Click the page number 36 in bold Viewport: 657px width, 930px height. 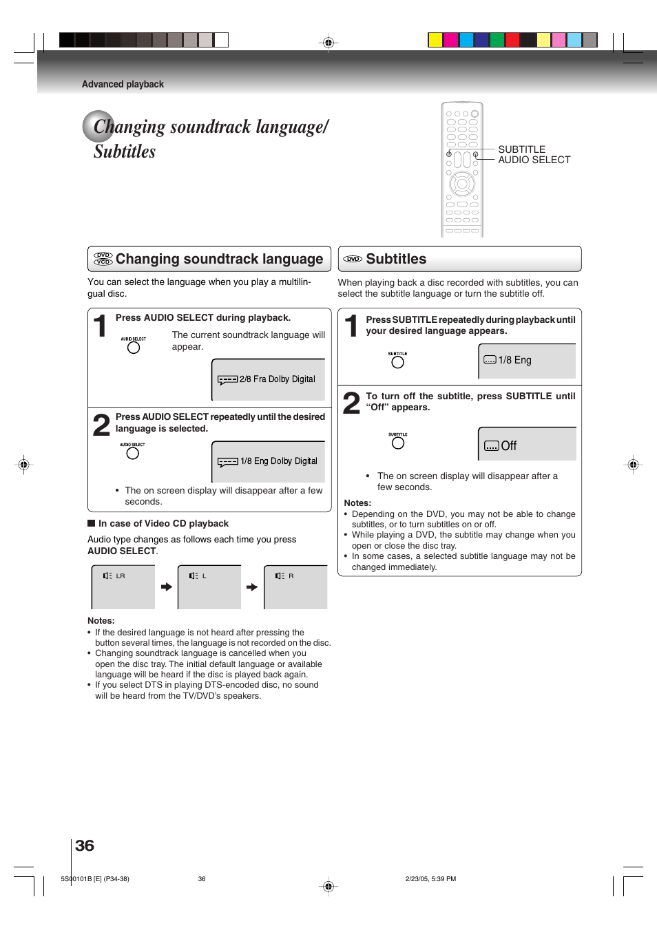pyautogui.click(x=84, y=845)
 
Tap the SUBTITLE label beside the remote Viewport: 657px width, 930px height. pyautogui.click(x=521, y=149)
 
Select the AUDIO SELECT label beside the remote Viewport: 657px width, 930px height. pyautogui.click(x=534, y=160)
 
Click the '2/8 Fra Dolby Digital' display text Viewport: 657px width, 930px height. pyautogui.click(x=277, y=379)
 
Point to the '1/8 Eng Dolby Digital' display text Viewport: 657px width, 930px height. pyautogui.click(x=278, y=461)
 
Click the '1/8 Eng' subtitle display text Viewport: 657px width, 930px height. pyautogui.click(x=514, y=360)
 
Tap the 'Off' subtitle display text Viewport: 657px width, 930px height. pyautogui.click(x=508, y=446)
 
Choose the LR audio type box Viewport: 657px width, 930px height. pyautogui.click(x=123, y=587)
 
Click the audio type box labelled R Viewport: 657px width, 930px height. pyautogui.click(x=295, y=587)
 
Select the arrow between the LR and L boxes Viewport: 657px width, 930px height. pyautogui.click(x=167, y=587)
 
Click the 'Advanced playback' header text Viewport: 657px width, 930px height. pyautogui.click(x=123, y=84)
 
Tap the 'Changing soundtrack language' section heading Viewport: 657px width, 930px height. pyautogui.click(x=219, y=259)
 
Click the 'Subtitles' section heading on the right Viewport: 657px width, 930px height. pyautogui.click(x=396, y=259)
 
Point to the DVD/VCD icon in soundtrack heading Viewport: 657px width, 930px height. pyautogui.click(x=103, y=259)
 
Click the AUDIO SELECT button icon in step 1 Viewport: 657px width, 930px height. pyautogui.click(x=134, y=348)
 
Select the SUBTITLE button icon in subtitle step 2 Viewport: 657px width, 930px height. pyautogui.click(x=398, y=443)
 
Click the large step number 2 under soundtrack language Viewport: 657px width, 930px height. pyautogui.click(x=101, y=425)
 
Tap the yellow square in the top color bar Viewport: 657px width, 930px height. pyautogui.click(x=435, y=40)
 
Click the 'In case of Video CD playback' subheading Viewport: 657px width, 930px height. pyautogui.click(x=163, y=523)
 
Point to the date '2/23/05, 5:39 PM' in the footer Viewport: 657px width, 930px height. pyautogui.click(x=430, y=879)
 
